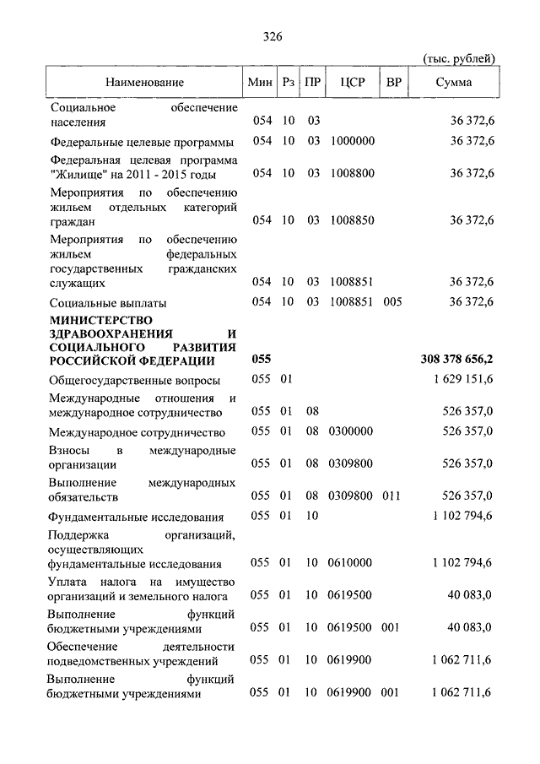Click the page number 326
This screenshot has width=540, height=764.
tap(271, 36)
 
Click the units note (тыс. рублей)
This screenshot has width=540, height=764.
tap(458, 57)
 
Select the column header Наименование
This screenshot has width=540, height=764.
tap(144, 83)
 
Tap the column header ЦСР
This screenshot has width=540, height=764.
tap(352, 83)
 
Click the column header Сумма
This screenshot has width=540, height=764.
tap(454, 83)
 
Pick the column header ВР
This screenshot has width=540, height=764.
tap(393, 83)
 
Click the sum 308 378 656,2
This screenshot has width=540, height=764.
tap(456, 360)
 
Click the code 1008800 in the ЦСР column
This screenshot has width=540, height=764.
tap(353, 173)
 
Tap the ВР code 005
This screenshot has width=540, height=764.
tap(393, 301)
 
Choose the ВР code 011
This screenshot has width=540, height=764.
tap(393, 496)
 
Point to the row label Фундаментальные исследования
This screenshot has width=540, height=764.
tap(136, 517)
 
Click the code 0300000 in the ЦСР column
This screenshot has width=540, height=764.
tap(353, 431)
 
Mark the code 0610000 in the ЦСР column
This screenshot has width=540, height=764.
tap(353, 563)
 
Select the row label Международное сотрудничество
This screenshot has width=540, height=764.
tap(135, 432)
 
